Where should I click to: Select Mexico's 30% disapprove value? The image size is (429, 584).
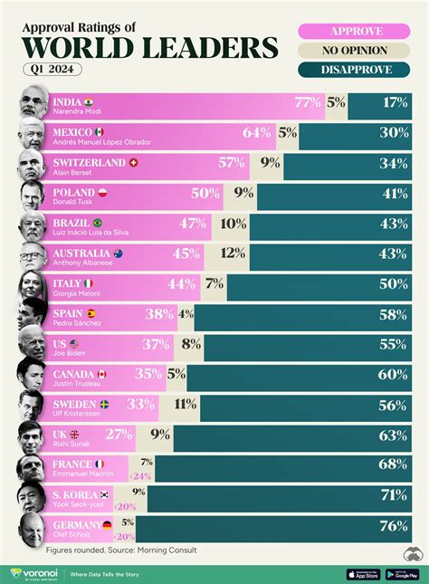[x=394, y=133]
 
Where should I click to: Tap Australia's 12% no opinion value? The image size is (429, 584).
[x=232, y=254]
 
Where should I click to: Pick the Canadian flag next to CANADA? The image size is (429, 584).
[x=102, y=374]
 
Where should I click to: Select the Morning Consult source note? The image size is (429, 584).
[x=120, y=550]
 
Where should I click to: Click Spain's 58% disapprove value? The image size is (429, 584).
[x=394, y=315]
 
